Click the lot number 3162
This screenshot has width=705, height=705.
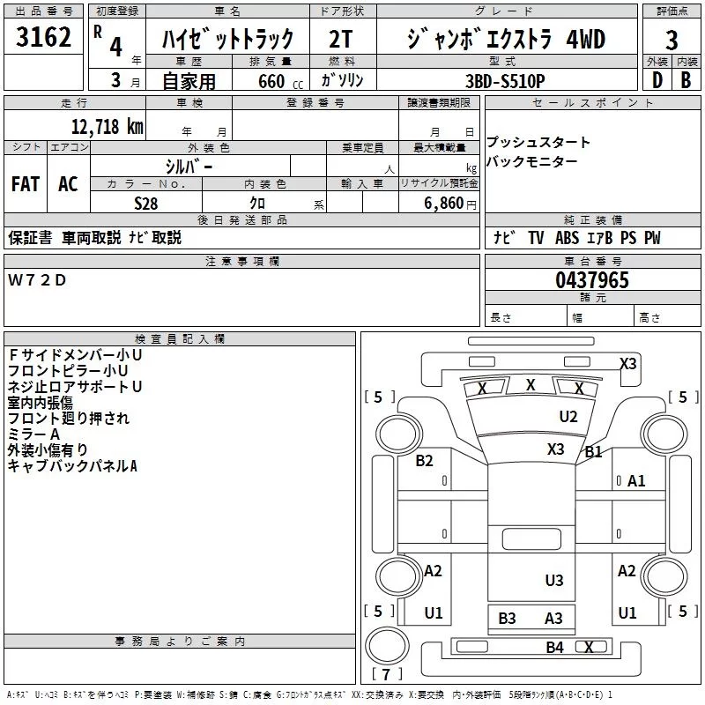[43, 39]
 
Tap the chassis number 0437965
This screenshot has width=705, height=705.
[592, 280]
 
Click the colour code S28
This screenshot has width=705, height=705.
[146, 203]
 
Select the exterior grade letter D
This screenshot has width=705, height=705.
[656, 80]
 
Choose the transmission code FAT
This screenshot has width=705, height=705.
[26, 183]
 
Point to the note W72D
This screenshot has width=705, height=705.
[37, 280]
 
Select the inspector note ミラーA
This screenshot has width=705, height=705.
[33, 434]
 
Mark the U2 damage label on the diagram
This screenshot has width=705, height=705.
[568, 416]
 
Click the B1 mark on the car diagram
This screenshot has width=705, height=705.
[594, 452]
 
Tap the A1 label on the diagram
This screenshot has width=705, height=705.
[636, 481]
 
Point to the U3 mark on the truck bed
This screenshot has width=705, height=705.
[554, 580]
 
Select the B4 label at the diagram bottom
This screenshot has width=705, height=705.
[554, 648]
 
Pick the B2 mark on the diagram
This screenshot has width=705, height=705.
[425, 460]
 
